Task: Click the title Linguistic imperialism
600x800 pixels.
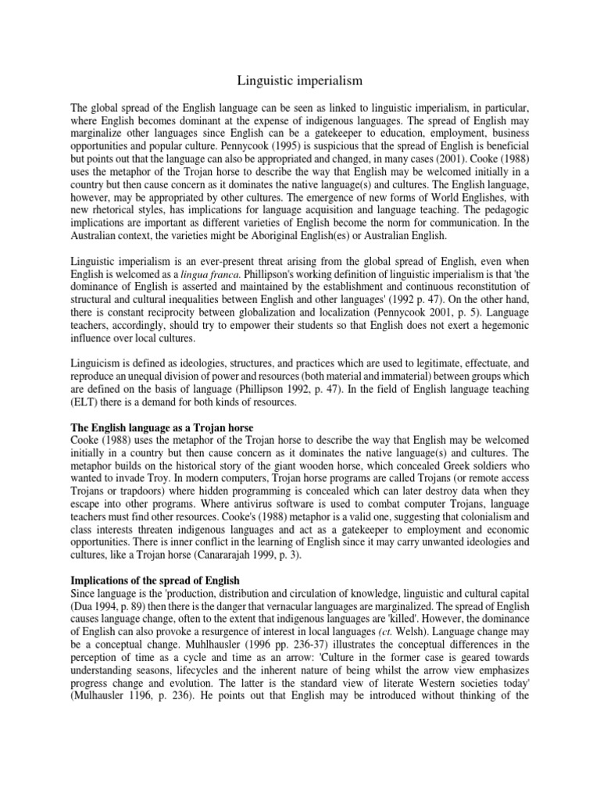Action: (299, 80)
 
